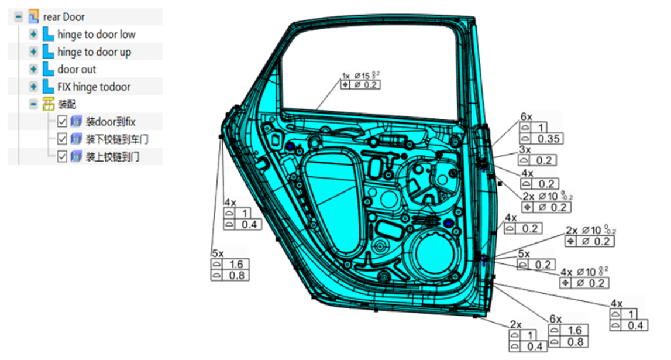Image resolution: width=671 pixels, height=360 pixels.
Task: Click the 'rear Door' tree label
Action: coord(64,17)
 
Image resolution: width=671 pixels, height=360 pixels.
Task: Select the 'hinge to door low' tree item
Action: coord(96,35)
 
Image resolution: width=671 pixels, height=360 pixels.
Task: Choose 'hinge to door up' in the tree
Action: coord(94,52)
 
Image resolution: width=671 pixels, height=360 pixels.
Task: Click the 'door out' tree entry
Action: coord(77,70)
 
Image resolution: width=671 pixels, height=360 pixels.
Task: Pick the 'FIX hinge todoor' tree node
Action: coord(94,87)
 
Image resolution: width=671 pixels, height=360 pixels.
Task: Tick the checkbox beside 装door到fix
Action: coord(63,122)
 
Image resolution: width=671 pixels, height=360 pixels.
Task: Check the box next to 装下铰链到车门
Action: coord(63,139)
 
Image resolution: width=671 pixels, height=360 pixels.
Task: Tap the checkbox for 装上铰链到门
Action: coord(63,157)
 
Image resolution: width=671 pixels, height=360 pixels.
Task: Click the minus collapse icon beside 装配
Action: coord(34,104)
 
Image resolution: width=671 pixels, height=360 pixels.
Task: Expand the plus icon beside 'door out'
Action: coord(34,70)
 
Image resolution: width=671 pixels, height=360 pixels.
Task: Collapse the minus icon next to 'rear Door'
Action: coord(19,17)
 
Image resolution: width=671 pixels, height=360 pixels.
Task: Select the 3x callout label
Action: coord(525,150)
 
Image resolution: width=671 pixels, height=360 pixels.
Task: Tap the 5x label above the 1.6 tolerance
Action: coord(217,253)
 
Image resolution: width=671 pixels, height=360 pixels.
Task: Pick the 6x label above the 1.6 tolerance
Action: coord(555,319)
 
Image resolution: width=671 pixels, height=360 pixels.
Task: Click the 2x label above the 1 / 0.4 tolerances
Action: coord(515,324)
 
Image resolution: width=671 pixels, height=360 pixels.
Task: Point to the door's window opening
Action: coord(374,64)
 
